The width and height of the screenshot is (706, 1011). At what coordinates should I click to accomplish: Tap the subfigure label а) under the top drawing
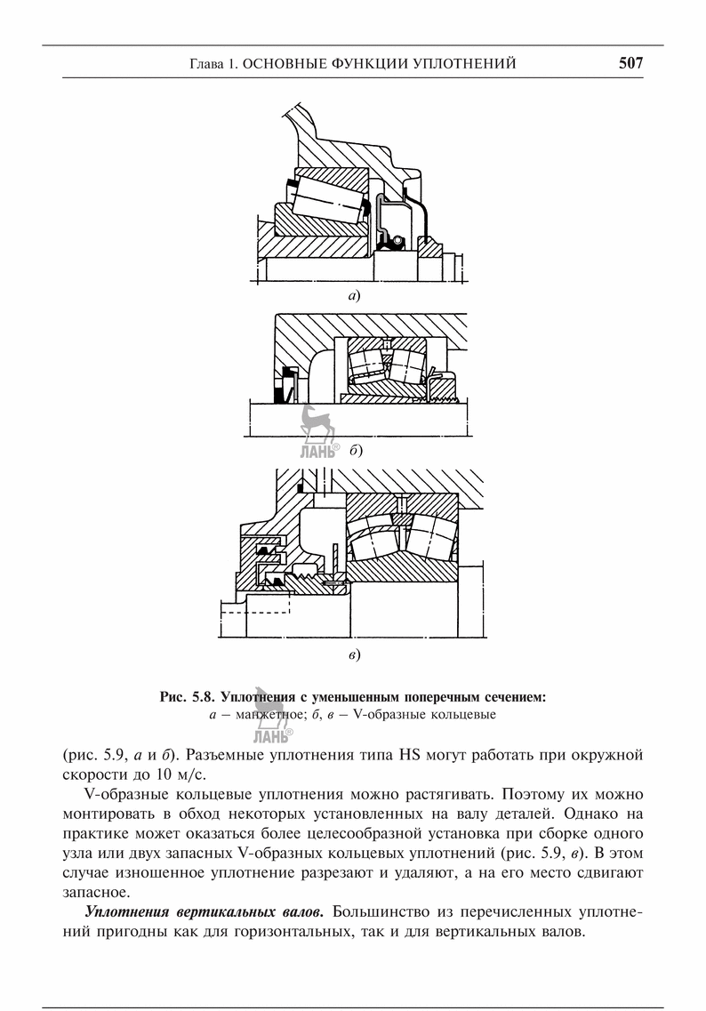click(x=354, y=293)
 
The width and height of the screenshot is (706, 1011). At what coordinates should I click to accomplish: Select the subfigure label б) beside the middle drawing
click(x=356, y=452)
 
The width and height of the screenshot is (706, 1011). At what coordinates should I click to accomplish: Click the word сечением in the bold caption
click(x=509, y=696)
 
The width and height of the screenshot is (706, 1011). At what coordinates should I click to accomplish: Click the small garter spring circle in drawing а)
click(x=397, y=239)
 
